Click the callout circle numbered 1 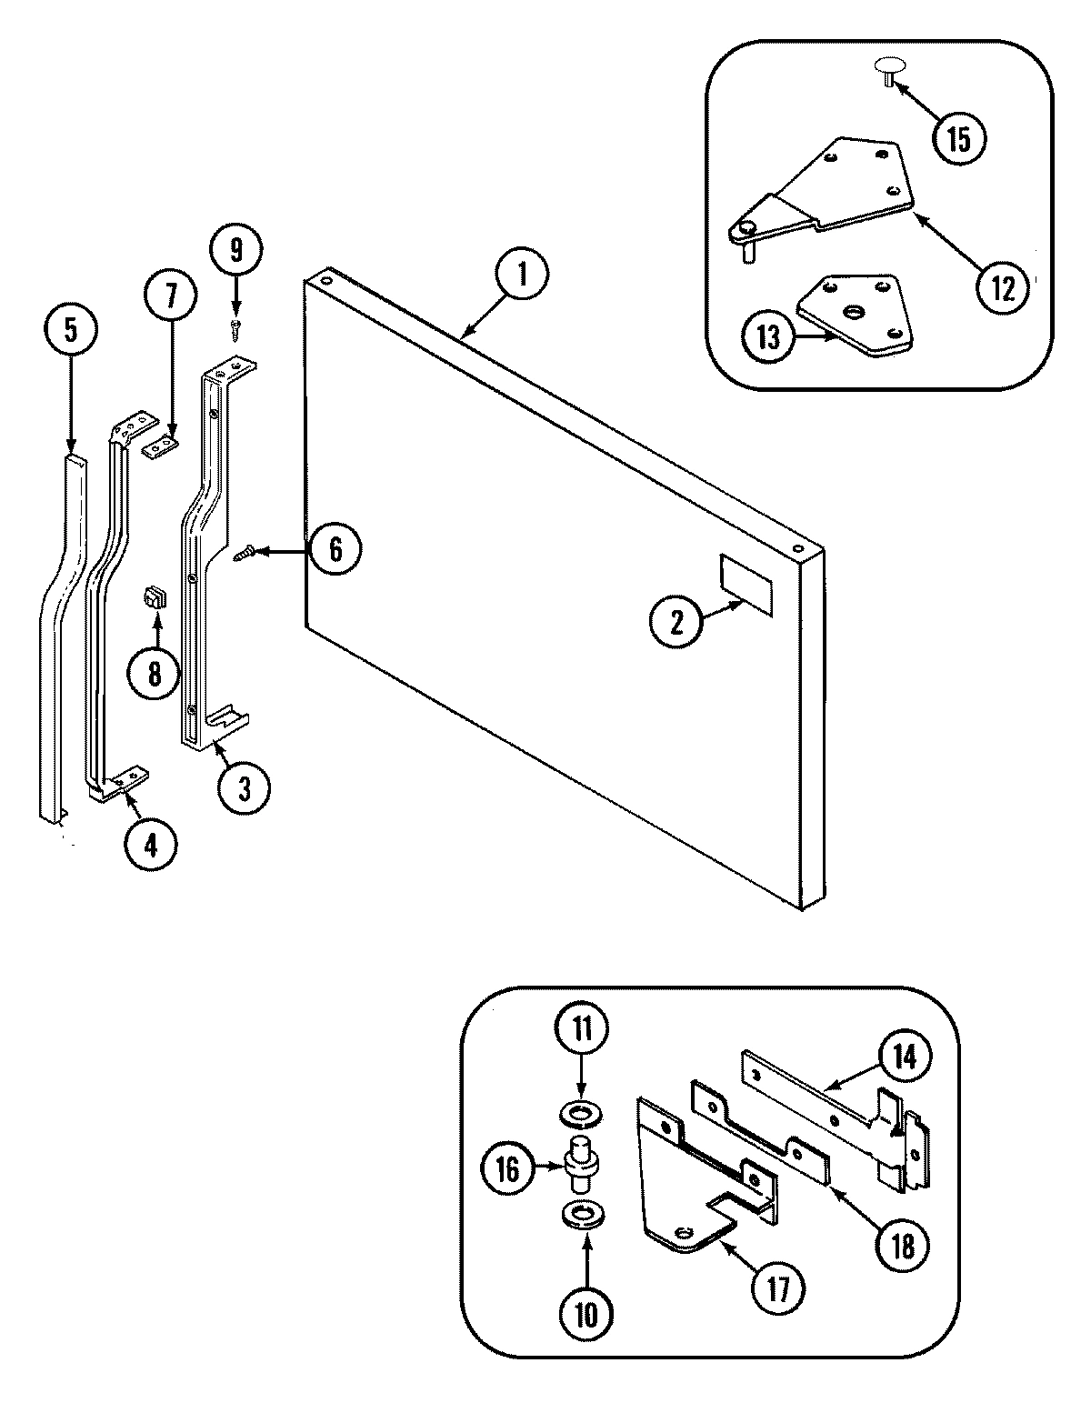(522, 276)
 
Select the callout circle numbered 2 (676, 623)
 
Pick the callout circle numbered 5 (71, 332)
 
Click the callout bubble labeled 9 (235, 249)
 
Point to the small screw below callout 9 (235, 328)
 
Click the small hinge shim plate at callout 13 (853, 316)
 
